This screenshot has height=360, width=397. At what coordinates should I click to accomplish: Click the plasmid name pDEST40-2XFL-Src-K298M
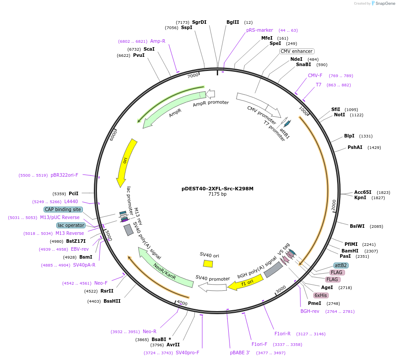point(217,189)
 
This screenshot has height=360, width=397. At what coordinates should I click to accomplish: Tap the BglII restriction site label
point(233,22)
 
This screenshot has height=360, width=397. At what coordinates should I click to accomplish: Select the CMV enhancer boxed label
point(297,51)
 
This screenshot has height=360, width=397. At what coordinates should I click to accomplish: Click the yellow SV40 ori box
point(208,263)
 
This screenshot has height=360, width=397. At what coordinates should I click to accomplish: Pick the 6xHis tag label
point(321,295)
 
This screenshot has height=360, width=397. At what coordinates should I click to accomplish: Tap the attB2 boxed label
point(341,265)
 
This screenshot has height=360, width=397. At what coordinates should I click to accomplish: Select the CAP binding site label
point(63,209)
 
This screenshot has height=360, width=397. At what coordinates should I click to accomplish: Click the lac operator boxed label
point(70,225)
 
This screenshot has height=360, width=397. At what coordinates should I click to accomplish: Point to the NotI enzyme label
point(339,115)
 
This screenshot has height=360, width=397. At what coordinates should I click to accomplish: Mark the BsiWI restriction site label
point(357,226)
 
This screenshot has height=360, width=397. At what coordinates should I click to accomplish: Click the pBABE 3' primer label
point(240,353)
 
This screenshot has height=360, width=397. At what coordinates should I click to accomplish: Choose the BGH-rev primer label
point(310,311)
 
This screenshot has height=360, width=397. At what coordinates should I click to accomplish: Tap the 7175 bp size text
point(217,194)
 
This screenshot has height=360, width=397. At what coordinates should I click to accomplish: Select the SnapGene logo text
point(384,4)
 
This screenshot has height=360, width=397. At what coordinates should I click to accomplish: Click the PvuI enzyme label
point(139,56)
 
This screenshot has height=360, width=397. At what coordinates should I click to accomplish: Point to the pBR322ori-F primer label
point(64,175)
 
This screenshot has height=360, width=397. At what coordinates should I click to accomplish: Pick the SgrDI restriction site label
point(199,22)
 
